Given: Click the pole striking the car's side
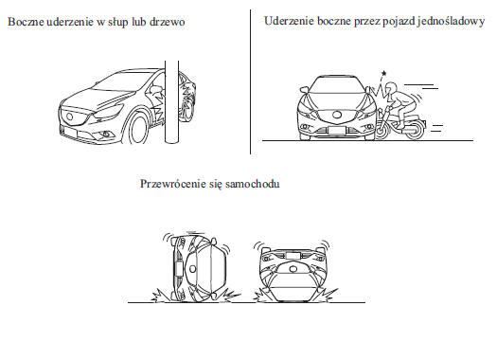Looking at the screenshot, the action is tap(171, 102).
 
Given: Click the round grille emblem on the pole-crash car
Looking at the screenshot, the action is tap(69, 117).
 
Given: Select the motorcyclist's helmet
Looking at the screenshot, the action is tap(390, 88).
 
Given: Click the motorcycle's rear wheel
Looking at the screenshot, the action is tap(415, 129).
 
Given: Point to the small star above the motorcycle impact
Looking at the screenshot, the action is tap(383, 74).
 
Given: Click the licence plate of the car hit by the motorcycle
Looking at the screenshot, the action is tap(337, 131).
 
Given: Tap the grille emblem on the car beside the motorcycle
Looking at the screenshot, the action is tap(336, 115).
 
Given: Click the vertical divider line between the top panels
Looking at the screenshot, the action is tap(251, 81).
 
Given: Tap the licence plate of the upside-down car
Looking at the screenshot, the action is tap(293, 256).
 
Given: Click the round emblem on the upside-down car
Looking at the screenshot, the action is tap(293, 269).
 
